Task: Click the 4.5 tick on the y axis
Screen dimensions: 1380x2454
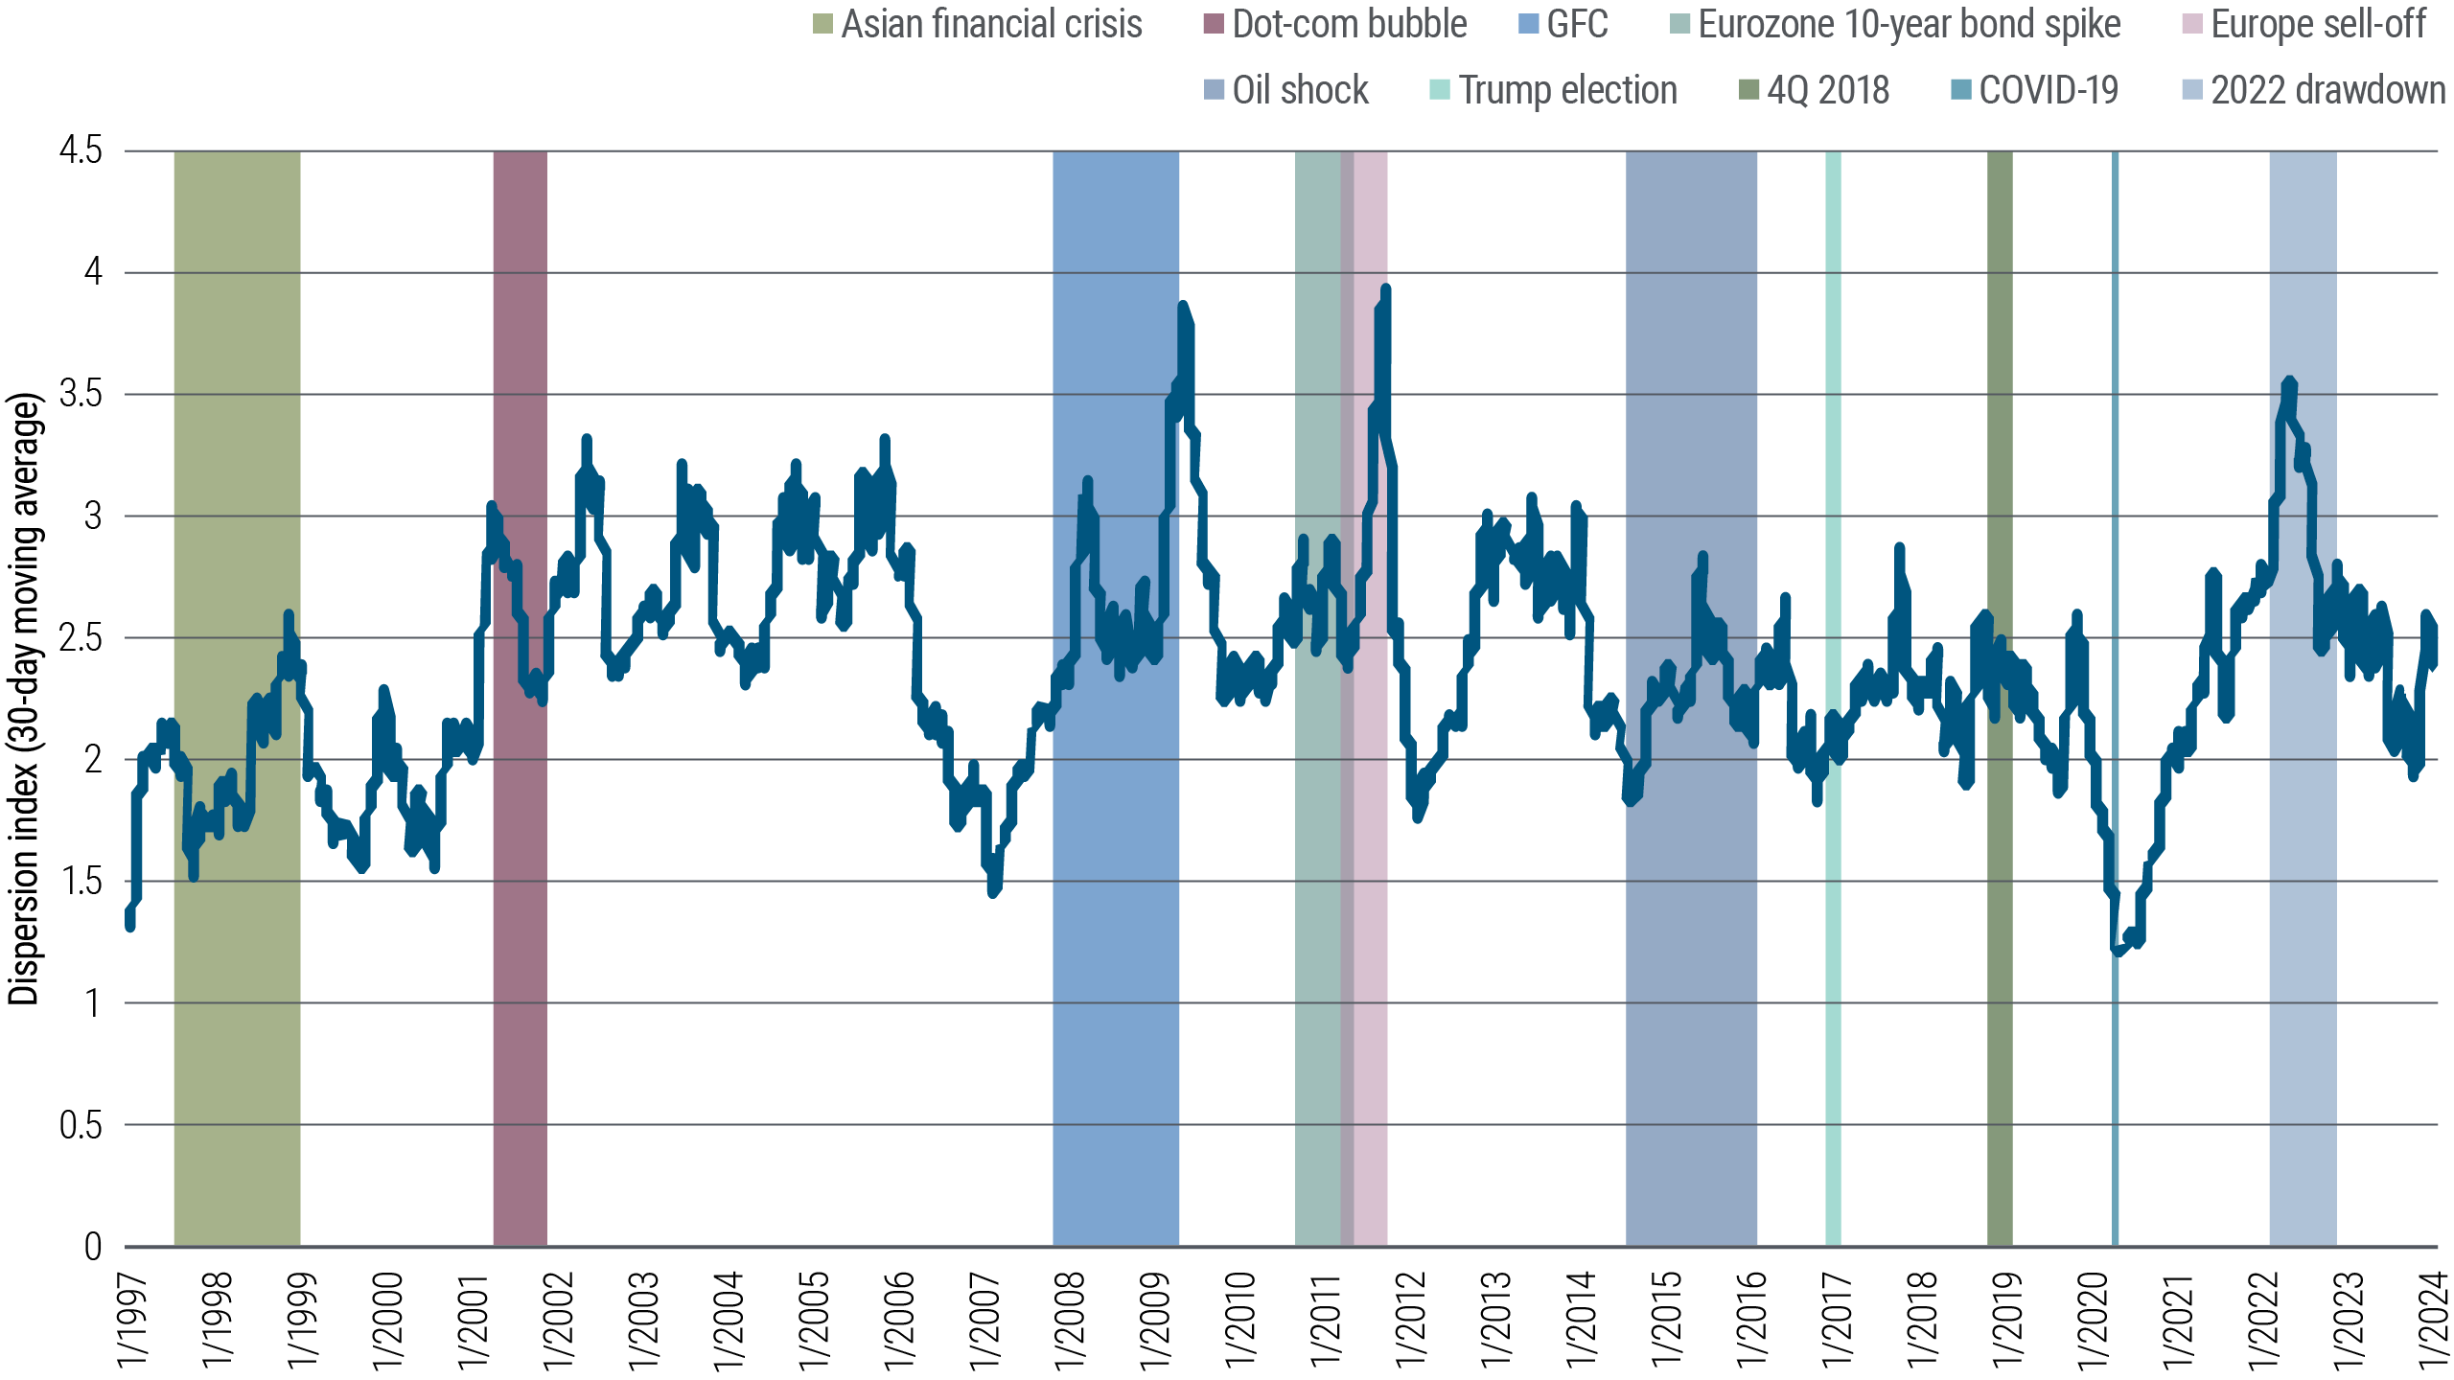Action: coord(81,150)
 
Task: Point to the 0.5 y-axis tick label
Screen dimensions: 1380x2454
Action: coord(81,1125)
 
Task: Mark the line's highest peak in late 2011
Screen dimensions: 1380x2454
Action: coord(1386,287)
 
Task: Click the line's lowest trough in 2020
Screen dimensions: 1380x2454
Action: coord(2118,952)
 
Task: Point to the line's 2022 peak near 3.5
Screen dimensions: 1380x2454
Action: coord(2289,381)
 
